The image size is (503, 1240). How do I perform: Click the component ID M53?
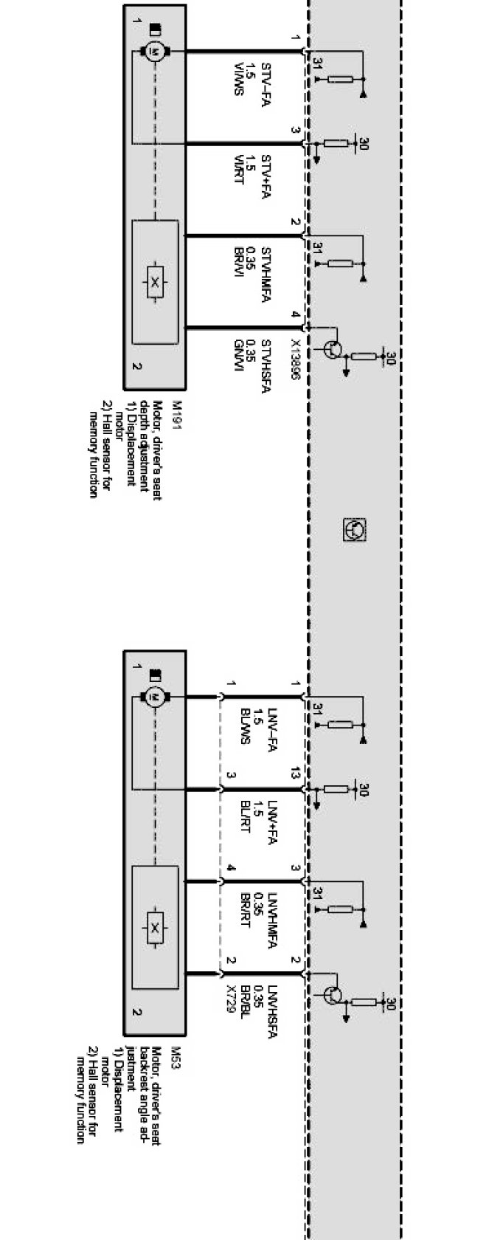[176, 1051]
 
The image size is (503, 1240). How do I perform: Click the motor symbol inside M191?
[155, 51]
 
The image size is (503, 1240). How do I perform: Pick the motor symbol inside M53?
[155, 695]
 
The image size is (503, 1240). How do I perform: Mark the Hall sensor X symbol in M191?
[155, 281]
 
